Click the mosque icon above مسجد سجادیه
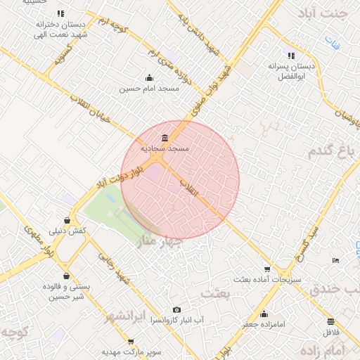(165, 137)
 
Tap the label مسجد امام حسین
(150, 89)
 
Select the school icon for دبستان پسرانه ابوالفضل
(291, 56)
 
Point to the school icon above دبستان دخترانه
(60, 13)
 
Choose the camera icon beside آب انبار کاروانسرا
(176, 310)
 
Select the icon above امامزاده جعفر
(264, 314)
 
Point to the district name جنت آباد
(323, 13)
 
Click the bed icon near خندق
(335, 261)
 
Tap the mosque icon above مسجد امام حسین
(149, 77)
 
